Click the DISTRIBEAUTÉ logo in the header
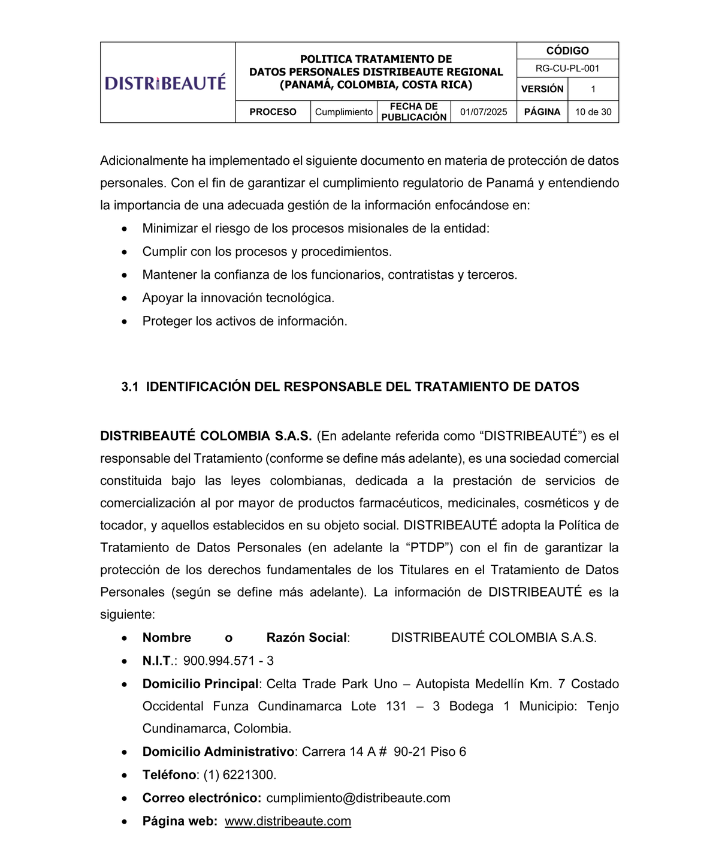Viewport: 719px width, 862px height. point(165,83)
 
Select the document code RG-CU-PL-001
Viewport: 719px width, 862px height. point(567,68)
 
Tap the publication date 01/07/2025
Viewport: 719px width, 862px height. point(484,112)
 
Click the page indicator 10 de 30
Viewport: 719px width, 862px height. point(593,112)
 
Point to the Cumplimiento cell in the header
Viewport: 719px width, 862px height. point(344,112)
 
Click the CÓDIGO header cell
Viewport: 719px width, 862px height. point(567,51)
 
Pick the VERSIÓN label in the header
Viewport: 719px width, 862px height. point(542,89)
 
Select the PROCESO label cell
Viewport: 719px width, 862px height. point(273,112)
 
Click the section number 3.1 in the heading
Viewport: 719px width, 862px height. point(130,387)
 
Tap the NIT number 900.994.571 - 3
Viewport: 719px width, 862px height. point(228,661)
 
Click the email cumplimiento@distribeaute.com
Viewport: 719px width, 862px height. point(358,798)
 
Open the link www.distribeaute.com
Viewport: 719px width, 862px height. point(288,821)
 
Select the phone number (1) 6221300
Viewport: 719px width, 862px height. point(240,775)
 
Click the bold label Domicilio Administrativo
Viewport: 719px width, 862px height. point(218,752)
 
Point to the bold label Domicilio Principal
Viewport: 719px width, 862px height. point(201,684)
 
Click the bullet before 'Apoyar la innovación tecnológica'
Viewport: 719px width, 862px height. point(124,299)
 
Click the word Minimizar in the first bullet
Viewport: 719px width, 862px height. point(168,228)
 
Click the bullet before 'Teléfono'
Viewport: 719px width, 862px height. point(124,776)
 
